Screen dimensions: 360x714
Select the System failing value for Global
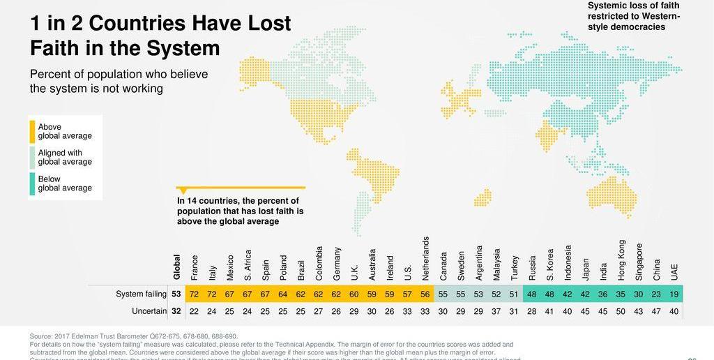click(176, 294)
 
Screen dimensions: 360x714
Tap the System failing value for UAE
click(674, 294)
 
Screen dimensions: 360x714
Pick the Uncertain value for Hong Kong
click(621, 310)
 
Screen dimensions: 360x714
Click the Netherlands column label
click(425, 259)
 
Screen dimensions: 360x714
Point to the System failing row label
click(142, 294)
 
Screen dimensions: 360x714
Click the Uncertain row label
click(150, 310)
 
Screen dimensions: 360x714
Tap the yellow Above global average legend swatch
click(32, 132)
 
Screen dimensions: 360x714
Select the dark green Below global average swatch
click(32, 183)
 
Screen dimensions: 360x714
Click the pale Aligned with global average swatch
click(32, 158)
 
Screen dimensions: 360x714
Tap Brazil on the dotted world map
click(377, 174)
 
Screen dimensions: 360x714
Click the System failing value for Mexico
click(229, 294)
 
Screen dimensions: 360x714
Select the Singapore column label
click(639, 262)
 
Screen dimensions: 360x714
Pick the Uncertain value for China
click(656, 310)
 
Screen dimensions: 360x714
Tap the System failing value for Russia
click(531, 294)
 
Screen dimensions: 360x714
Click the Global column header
click(176, 267)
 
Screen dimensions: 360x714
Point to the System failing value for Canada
click(443, 294)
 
